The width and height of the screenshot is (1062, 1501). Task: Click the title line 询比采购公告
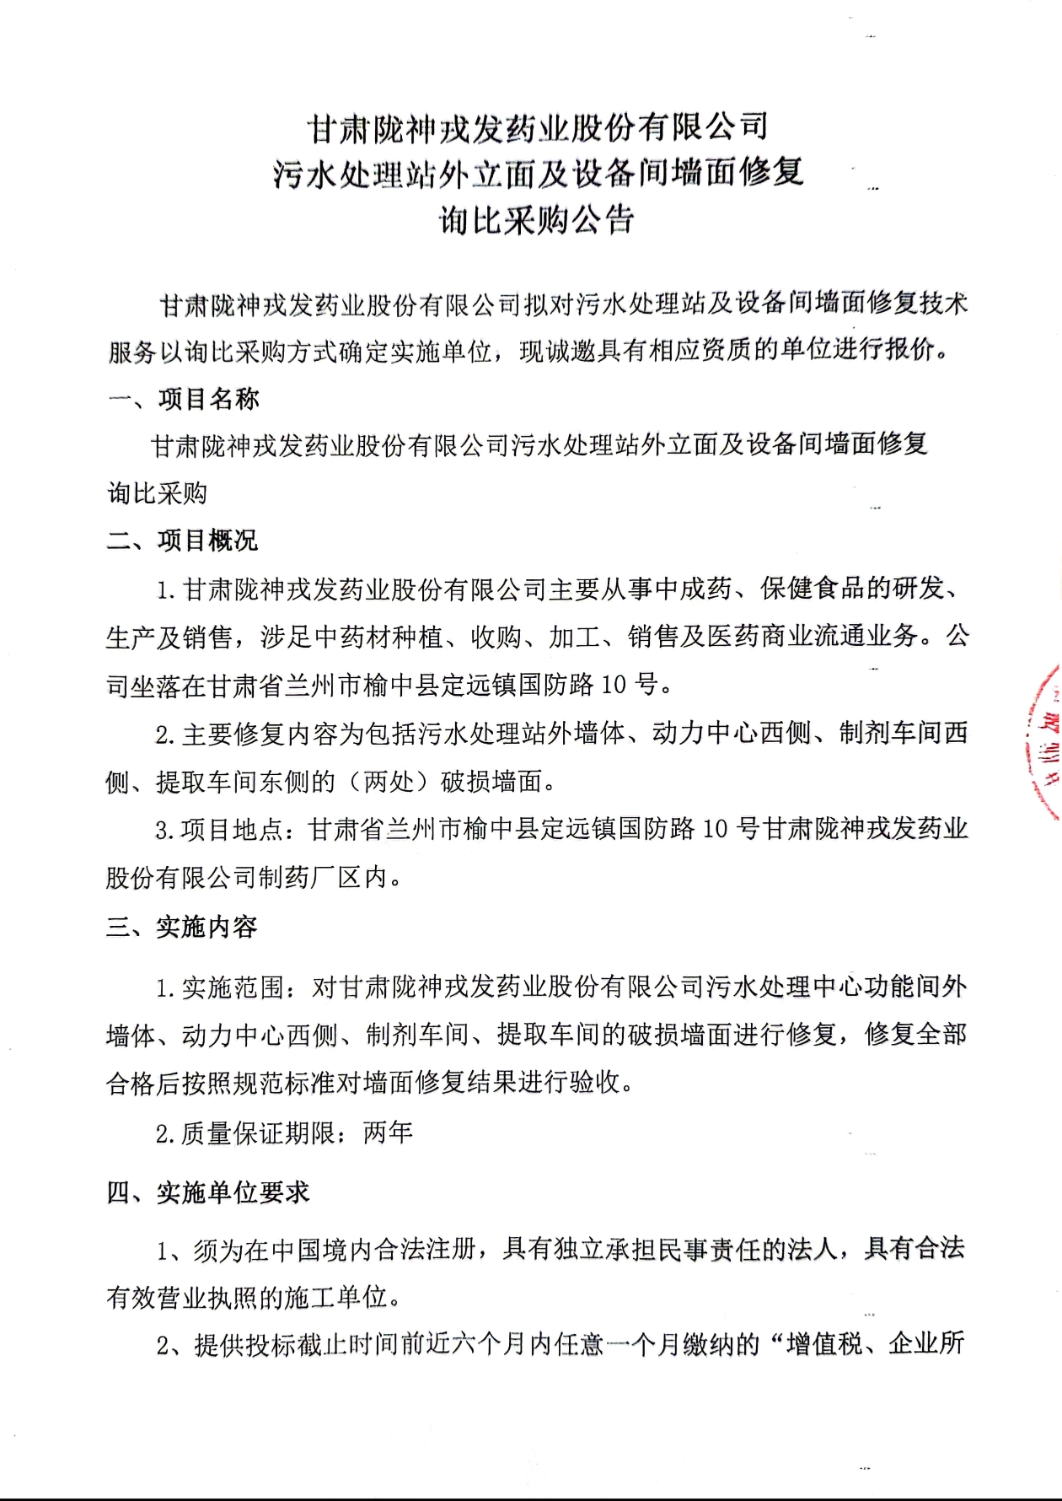[x=536, y=221]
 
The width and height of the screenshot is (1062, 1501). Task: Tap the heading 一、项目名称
[x=184, y=399]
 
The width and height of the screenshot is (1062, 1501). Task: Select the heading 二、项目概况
[x=182, y=541]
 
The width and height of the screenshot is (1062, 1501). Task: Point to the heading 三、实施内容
[x=181, y=928]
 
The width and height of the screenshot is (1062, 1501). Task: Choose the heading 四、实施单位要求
[x=208, y=1192]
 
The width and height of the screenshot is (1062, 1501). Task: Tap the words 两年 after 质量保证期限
[x=389, y=1133]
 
